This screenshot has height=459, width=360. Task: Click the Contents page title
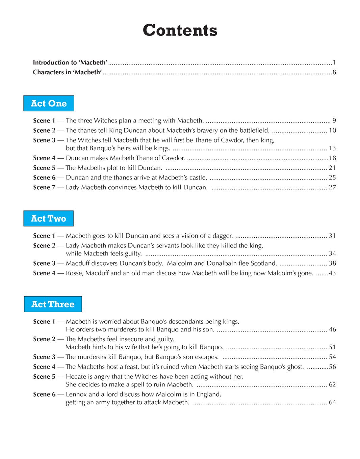tap(180, 30)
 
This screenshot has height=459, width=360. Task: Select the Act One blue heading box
tap(49, 103)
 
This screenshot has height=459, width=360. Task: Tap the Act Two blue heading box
tap(48, 218)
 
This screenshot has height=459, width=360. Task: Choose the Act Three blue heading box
tap(53, 304)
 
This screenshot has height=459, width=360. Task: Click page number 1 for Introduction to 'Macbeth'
tap(334, 62)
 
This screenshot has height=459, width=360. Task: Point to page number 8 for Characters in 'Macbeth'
tap(334, 72)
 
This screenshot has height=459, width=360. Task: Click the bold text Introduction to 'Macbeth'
tap(70, 62)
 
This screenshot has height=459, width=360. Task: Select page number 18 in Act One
tap(332, 158)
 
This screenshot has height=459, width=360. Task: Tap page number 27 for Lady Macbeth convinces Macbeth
tap(332, 187)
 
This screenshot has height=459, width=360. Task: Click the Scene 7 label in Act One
tap(44, 187)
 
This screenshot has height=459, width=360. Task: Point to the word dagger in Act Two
tap(223, 236)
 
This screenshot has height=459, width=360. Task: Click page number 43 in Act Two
tap(332, 273)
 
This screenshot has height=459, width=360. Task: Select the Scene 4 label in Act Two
tap(44, 273)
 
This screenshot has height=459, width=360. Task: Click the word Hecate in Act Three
tap(76, 376)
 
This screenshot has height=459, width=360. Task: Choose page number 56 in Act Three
tap(332, 367)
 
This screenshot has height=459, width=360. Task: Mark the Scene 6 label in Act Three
tap(44, 394)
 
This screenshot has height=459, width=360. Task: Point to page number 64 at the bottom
tap(332, 402)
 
